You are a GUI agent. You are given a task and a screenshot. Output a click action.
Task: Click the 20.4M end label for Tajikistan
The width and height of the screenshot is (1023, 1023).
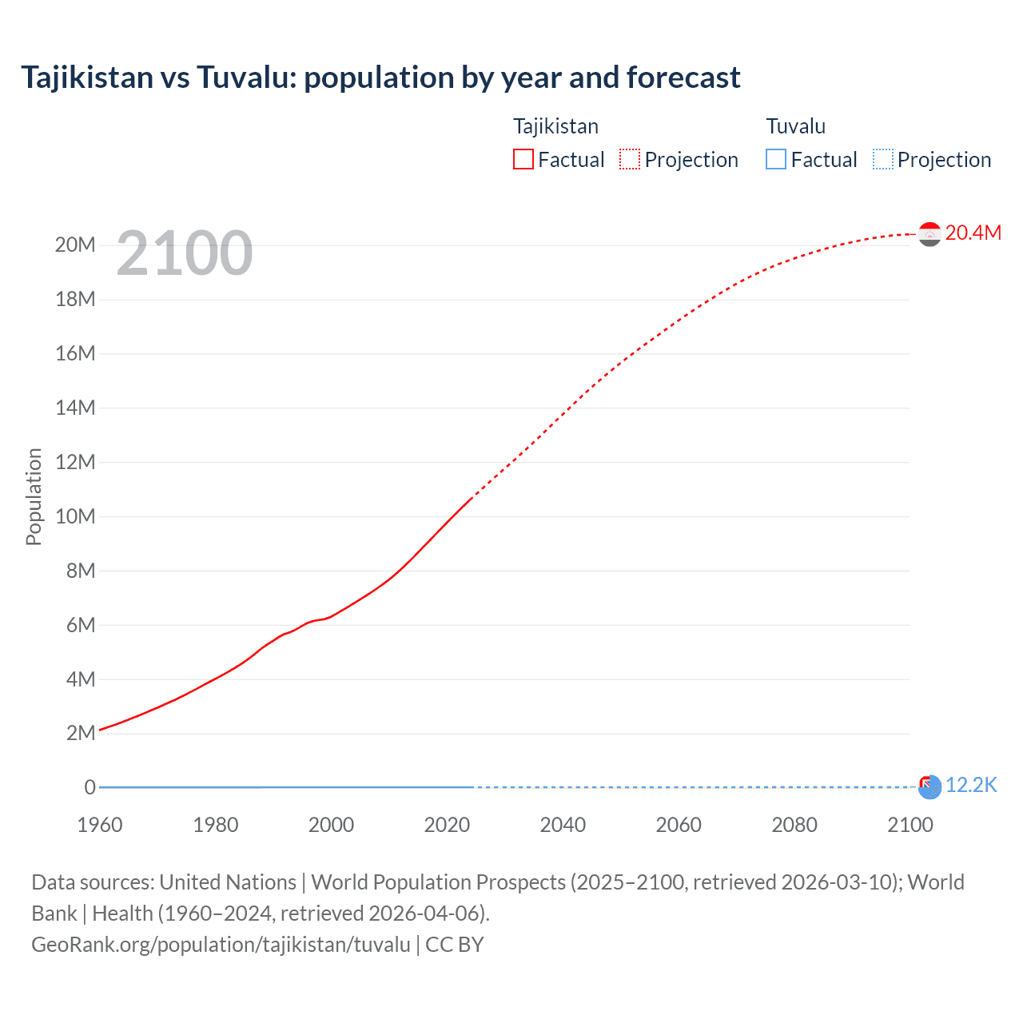tap(973, 233)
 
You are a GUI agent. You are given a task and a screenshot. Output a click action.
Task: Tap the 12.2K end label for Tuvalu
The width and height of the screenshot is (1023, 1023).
tap(971, 786)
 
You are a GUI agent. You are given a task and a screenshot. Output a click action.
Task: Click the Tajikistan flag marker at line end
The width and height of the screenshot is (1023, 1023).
tap(929, 234)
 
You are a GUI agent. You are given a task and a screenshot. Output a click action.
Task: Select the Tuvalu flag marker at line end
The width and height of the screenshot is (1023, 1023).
tap(929, 787)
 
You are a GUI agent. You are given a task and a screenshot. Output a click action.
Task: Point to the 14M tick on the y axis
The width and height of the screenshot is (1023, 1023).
tap(75, 408)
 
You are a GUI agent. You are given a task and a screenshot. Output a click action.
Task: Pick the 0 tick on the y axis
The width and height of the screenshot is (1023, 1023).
tap(90, 788)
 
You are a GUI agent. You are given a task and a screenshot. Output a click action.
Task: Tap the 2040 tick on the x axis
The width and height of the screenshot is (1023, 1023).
tap(563, 825)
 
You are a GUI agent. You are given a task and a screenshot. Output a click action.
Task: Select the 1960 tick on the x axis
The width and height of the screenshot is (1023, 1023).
tap(100, 825)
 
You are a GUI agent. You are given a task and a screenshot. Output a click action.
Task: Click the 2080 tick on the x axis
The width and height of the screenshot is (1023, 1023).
tap(794, 825)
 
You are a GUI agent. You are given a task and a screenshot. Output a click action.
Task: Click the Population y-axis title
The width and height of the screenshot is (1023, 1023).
tap(34, 496)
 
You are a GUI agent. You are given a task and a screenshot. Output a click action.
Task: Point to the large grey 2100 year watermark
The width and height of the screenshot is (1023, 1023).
tap(185, 253)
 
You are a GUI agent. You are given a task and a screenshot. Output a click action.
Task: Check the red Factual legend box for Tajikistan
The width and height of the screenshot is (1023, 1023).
tap(523, 159)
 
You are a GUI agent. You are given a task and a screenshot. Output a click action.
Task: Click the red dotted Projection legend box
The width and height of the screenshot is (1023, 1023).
tap(630, 159)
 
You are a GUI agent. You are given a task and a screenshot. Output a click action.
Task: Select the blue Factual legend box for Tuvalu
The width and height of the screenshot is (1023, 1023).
tap(776, 159)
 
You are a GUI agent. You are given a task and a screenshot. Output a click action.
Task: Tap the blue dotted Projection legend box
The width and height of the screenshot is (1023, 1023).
tap(882, 159)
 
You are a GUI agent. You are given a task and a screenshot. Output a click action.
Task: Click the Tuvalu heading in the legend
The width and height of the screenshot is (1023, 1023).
tap(795, 126)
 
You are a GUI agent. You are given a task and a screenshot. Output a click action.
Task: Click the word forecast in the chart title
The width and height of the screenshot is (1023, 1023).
tap(683, 78)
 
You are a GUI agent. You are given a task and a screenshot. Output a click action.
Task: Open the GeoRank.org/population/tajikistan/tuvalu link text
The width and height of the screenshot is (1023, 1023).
tap(221, 945)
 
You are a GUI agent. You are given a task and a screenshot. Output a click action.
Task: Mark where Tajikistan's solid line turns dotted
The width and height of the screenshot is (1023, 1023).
tap(471, 499)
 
